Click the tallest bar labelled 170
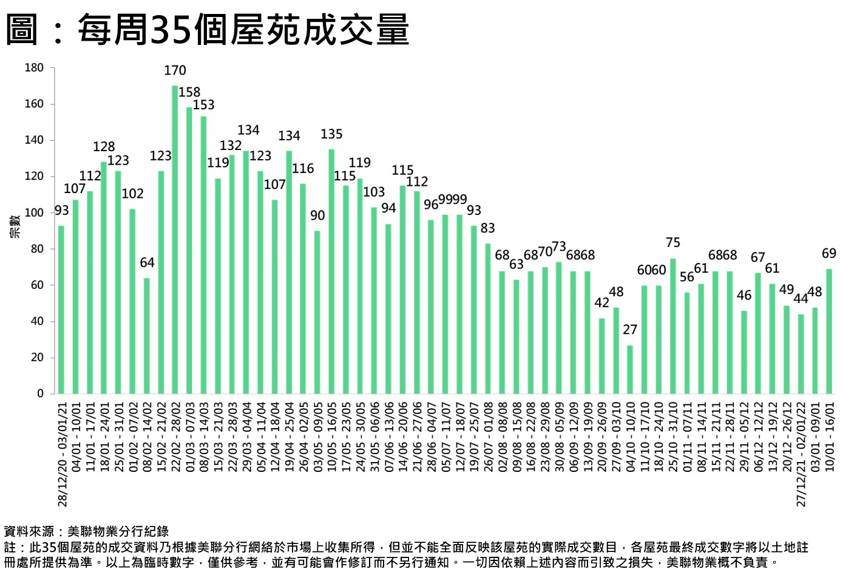point(175,239)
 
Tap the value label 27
point(630,330)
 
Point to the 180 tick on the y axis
point(34,67)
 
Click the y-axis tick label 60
point(36,285)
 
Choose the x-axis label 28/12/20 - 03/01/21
point(62,453)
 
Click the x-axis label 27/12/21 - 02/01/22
point(801,453)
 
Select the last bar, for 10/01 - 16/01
point(829,331)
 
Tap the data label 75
point(673,243)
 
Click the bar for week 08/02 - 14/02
point(147,336)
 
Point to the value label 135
point(331,134)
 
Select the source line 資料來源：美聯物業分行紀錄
point(86,532)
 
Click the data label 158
point(189,92)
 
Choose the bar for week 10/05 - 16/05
point(331,271)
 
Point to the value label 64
point(147,263)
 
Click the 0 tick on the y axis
point(40,393)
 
